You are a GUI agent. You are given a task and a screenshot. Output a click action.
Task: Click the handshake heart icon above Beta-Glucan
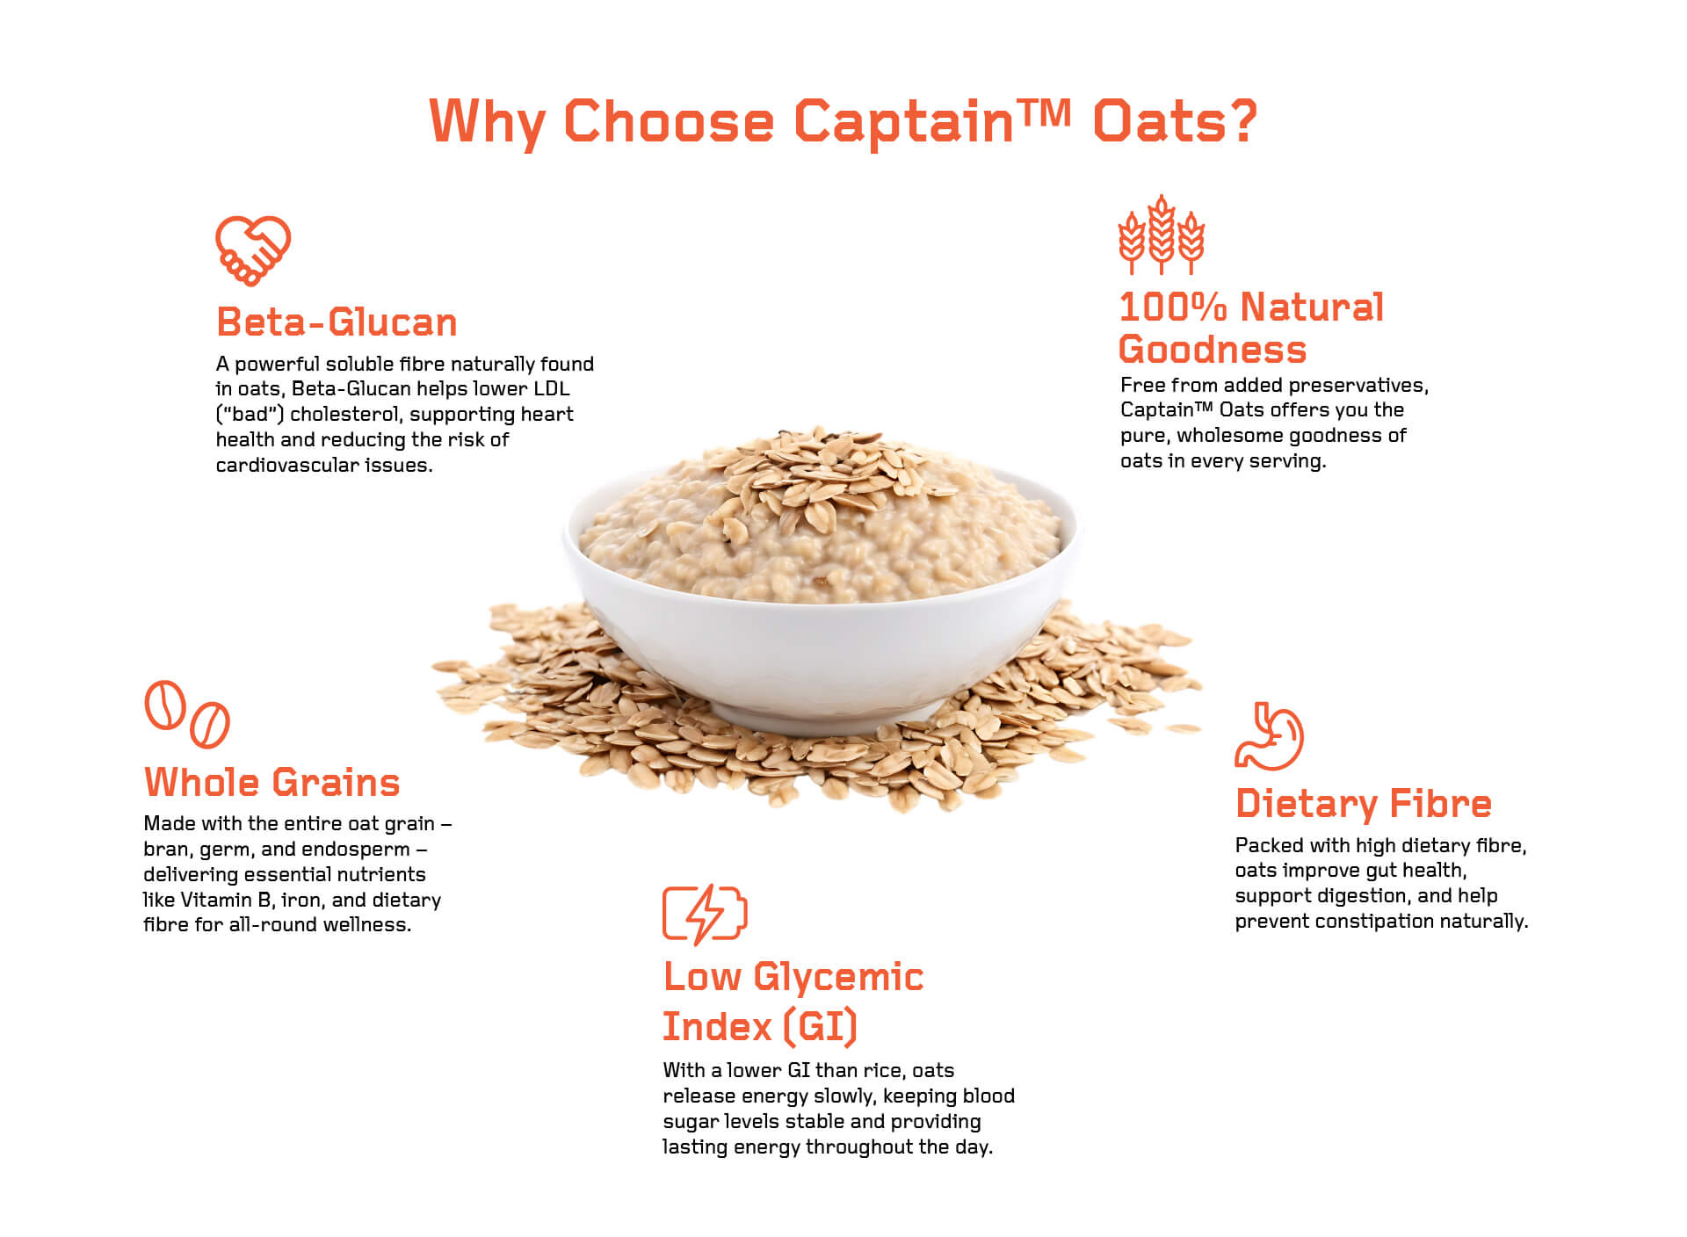tap(253, 250)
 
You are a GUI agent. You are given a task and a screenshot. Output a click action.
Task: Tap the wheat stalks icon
tap(1162, 235)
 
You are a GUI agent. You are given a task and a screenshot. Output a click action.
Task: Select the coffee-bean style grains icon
tap(187, 714)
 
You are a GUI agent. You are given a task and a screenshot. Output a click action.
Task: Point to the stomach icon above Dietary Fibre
tap(1269, 736)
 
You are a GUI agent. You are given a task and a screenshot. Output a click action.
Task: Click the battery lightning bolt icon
tap(705, 915)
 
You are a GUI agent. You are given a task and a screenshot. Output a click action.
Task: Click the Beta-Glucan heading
tap(337, 322)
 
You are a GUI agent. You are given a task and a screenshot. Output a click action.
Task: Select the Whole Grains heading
tap(272, 782)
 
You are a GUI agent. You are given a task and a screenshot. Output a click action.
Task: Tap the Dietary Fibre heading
tap(1363, 803)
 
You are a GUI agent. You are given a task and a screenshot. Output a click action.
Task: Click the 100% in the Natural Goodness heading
tap(1173, 307)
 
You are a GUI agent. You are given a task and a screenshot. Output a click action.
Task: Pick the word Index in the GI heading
tap(717, 1026)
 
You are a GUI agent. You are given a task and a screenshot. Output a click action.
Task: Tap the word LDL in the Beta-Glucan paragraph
tap(552, 388)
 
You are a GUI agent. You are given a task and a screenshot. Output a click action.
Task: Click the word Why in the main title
tap(487, 122)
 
